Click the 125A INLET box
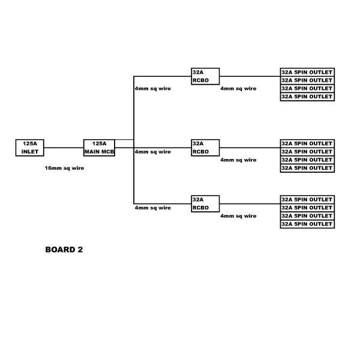[29, 148]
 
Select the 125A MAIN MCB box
[99, 148]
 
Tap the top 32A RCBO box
[205, 76]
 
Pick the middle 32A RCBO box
[205, 148]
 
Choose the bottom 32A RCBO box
[205, 203]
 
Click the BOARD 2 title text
[64, 250]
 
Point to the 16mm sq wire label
[64, 168]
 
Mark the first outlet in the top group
[307, 72]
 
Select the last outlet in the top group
[307, 97]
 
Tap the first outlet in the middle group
[307, 143]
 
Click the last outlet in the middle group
[307, 168]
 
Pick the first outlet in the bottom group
[307, 199]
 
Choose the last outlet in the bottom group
[307, 224]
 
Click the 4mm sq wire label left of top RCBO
[152, 88]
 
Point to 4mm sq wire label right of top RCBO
[238, 88]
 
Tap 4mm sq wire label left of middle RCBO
[152, 152]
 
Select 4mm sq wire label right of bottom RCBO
[238, 215]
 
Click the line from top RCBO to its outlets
[250, 76]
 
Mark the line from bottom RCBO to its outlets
[250, 203]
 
